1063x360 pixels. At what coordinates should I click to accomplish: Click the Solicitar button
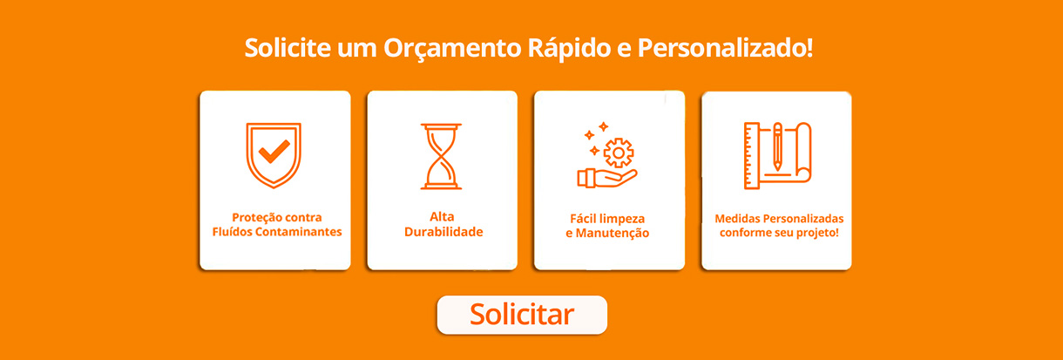[x=522, y=315]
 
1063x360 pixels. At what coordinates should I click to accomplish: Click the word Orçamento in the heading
[x=452, y=49]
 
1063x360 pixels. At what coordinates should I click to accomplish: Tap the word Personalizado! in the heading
[x=725, y=47]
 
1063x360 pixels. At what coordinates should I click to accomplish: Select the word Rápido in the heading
[x=570, y=49]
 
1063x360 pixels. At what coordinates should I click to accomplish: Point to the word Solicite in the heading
[x=288, y=47]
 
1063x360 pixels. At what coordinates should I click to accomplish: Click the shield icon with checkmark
[x=274, y=155]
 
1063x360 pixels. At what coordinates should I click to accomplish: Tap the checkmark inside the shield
[x=274, y=152]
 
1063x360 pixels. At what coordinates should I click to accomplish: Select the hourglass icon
[x=441, y=156]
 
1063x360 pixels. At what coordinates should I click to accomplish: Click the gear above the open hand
[x=619, y=153]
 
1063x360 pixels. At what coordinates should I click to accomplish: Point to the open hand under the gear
[x=607, y=178]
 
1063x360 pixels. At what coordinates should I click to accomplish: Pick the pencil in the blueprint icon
[x=777, y=146]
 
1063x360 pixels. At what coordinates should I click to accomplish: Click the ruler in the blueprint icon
[x=752, y=156]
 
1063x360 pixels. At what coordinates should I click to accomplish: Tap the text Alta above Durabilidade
[x=442, y=216]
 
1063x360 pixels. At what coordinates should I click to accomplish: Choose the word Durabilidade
[x=443, y=232]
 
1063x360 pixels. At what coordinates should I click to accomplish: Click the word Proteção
[x=254, y=218]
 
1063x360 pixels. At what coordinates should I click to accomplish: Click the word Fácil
[x=583, y=219]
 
